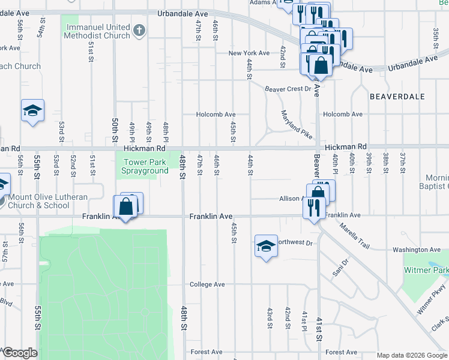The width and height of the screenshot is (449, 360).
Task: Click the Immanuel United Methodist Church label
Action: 98,31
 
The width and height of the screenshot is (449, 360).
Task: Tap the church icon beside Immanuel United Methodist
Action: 139,29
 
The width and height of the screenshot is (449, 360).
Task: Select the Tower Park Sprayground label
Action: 146,166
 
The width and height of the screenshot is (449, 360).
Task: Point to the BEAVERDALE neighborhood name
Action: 397,97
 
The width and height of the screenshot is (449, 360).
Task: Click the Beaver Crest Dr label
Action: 289,89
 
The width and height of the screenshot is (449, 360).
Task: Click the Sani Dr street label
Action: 341,267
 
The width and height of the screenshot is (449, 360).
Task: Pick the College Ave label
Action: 207,284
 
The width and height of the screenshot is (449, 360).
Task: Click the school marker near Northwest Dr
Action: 266,246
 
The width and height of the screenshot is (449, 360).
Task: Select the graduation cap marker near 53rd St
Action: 32,110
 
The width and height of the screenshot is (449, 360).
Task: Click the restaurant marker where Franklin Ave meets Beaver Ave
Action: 313,208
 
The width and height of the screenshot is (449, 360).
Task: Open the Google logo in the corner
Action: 20,353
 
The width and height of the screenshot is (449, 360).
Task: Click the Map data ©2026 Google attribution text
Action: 412,355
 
